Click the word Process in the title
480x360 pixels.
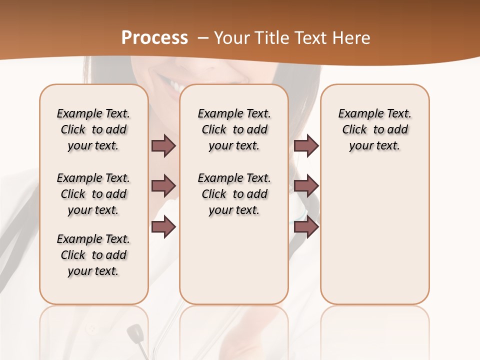coord(154,38)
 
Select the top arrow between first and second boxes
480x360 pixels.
coord(163,146)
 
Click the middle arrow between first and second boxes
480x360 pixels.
coord(163,186)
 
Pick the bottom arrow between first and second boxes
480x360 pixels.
coord(163,227)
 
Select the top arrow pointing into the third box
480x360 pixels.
coord(306,146)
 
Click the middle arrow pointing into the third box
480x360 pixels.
coord(306,186)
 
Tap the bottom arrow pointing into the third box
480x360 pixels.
coord(306,227)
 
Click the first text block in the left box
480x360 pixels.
coord(93,129)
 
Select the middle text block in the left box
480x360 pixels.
coord(93,194)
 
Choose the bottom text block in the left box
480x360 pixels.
coord(93,255)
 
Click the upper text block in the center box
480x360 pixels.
coord(234,129)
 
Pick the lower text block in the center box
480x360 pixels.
coord(234,194)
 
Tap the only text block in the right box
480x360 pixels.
coord(374,129)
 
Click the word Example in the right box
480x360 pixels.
coord(356,114)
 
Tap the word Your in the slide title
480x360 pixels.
coord(231,38)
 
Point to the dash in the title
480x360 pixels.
coord(203,38)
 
